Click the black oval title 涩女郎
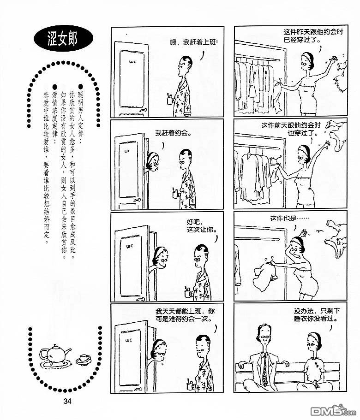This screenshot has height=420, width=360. (63, 39)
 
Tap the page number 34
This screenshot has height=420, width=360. (67, 401)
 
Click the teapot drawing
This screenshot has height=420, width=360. (55, 354)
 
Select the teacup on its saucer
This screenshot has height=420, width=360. (84, 359)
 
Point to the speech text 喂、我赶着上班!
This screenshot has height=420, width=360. (194, 42)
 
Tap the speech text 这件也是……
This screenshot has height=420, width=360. (289, 219)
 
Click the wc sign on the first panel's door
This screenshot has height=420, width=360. (132, 62)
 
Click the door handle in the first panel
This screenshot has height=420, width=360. (144, 110)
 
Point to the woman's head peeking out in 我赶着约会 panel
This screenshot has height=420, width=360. (153, 161)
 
